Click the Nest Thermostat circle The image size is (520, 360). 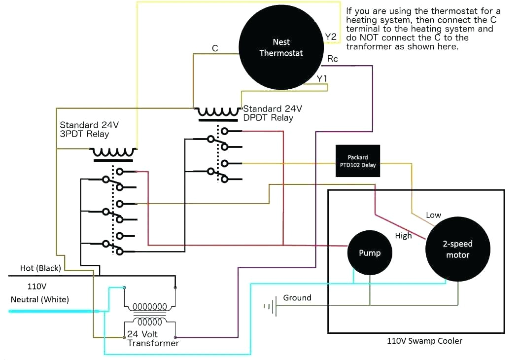(x=281, y=47)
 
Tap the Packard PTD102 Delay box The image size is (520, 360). (x=358, y=161)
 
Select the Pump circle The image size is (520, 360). (x=370, y=252)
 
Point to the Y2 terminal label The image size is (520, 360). (x=330, y=37)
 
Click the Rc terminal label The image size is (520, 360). (x=332, y=59)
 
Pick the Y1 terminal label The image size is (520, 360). (x=322, y=78)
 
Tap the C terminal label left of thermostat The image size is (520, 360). (x=215, y=48)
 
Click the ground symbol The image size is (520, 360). (x=269, y=306)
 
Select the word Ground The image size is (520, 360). (x=297, y=298)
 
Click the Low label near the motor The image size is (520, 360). (x=433, y=215)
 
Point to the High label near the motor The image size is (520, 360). (x=403, y=236)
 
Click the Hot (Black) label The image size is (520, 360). (x=40, y=268)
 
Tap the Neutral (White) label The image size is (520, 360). (x=40, y=299)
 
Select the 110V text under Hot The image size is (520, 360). (x=36, y=286)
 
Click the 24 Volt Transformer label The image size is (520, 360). (x=153, y=338)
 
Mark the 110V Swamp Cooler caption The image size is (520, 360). (x=424, y=341)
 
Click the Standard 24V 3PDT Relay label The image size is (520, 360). (x=89, y=130)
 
